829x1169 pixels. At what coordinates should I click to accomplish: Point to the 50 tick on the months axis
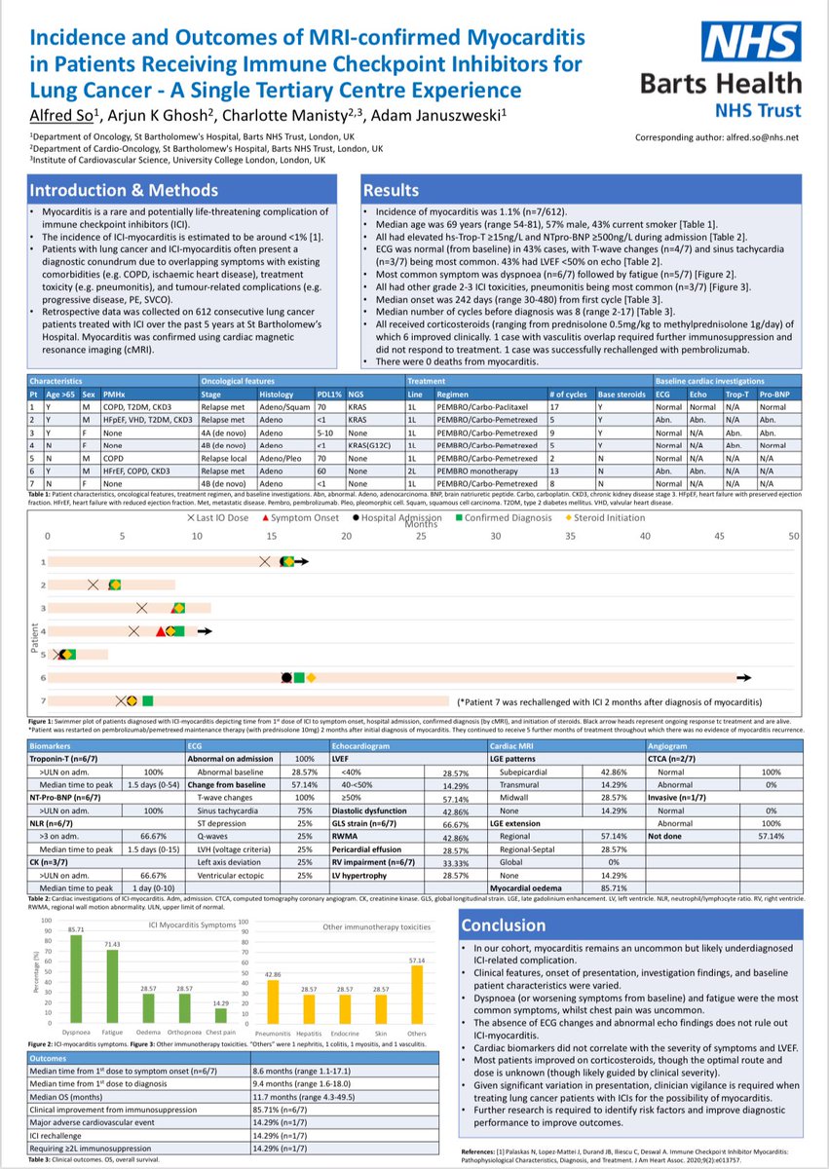(794, 537)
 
